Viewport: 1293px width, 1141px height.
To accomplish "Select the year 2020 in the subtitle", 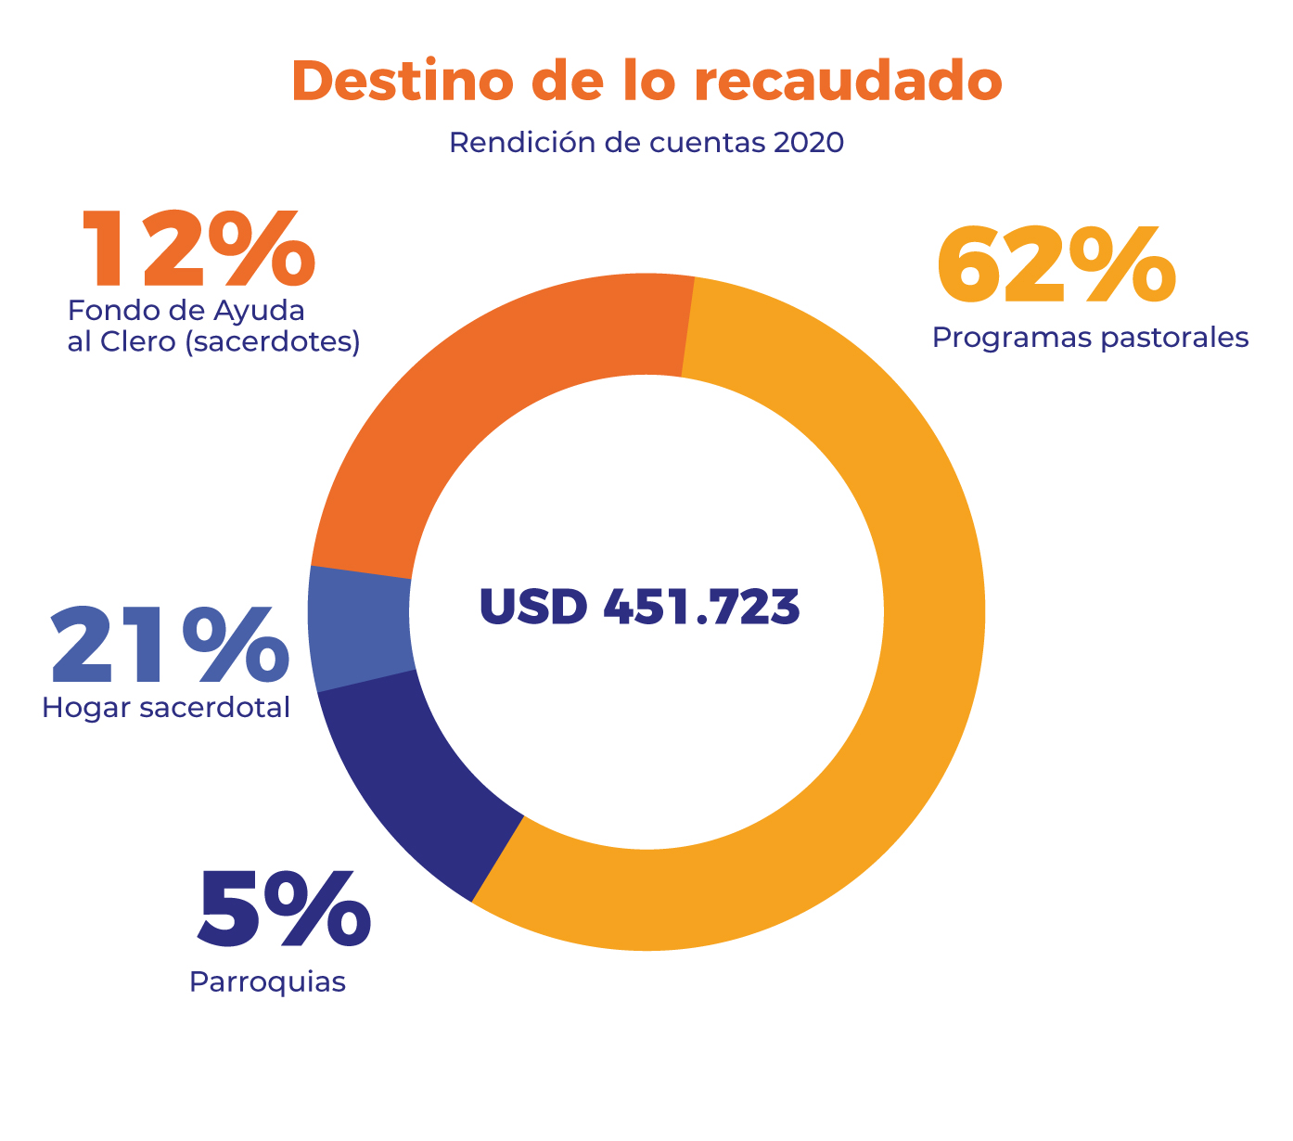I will click(808, 143).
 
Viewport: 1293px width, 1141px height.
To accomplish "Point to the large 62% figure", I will click(1056, 267).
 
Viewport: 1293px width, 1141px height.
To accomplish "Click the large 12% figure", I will click(198, 249).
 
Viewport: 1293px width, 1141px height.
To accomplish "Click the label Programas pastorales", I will click(1090, 337).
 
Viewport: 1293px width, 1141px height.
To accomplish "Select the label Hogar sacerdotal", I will click(166, 708).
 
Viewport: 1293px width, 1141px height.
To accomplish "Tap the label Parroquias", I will click(267, 981).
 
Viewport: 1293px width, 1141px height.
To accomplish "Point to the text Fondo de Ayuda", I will click(186, 309).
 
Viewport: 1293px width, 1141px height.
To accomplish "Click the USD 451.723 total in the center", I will click(639, 608).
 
